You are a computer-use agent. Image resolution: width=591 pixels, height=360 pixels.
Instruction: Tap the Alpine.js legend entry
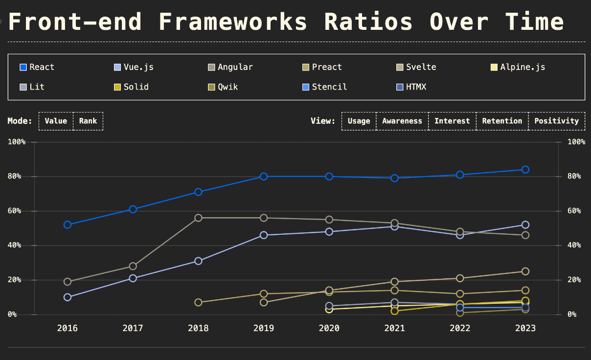[518, 67]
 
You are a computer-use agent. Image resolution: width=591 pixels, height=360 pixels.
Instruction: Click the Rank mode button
[88, 121]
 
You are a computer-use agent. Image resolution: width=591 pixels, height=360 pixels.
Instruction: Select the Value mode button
[56, 121]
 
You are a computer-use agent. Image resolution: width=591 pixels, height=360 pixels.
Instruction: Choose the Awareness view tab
[402, 121]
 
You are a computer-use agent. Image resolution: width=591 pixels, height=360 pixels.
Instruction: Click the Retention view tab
[502, 121]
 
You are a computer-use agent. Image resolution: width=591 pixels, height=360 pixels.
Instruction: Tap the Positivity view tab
[556, 121]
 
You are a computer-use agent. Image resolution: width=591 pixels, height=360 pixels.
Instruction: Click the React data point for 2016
[68, 225]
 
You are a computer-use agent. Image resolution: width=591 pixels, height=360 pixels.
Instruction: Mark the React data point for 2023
[525, 170]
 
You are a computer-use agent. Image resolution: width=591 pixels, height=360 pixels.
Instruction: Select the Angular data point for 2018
[198, 218]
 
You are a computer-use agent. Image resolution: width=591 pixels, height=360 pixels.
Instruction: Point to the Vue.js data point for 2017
[133, 278]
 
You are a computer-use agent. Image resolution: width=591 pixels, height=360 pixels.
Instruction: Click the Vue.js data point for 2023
[525, 225]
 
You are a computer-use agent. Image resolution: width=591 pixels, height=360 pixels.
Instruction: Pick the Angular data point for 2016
[68, 282]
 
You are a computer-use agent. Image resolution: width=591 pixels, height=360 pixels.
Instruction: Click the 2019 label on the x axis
[264, 328]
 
